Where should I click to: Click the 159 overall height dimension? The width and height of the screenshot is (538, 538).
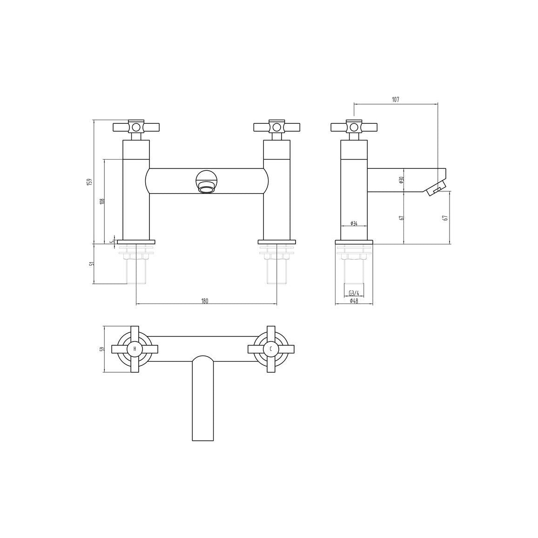[89, 182]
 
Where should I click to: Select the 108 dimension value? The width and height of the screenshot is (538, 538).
[102, 202]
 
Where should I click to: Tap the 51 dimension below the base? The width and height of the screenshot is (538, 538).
[91, 264]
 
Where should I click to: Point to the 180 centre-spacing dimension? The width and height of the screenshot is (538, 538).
[205, 301]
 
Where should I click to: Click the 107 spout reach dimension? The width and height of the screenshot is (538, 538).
[396, 100]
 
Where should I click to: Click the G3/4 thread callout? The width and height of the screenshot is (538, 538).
[354, 293]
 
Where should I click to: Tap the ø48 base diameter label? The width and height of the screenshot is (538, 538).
[354, 301]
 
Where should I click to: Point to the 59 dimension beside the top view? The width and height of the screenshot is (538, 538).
[102, 350]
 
